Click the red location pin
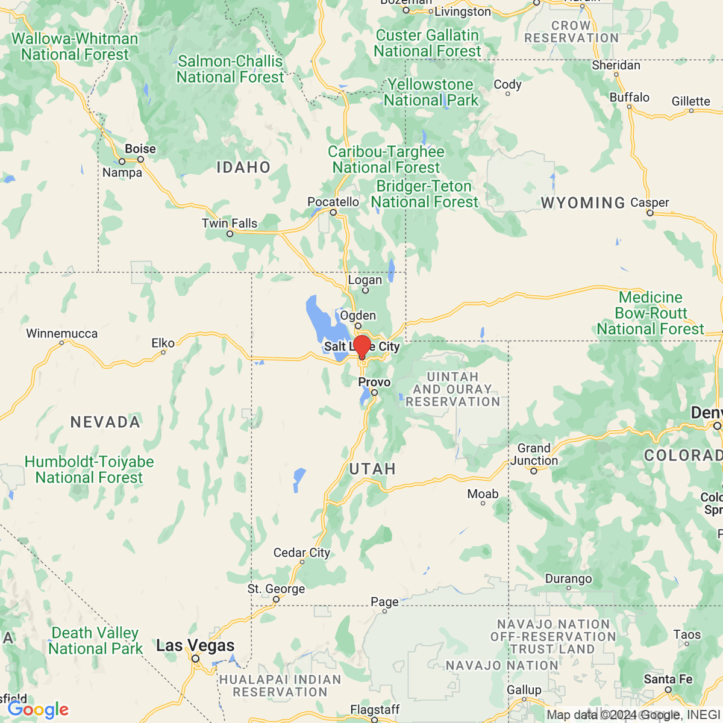tap(361, 348)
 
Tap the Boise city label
tap(140, 149)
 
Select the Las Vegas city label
tap(195, 646)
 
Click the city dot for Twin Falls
tap(230, 234)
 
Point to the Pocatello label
tap(333, 202)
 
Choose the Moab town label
tap(483, 494)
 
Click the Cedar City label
tap(301, 552)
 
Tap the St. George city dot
tap(276, 599)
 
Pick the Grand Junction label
tap(534, 454)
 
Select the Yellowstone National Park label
tap(431, 92)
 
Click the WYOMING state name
tap(583, 203)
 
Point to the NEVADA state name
tap(105, 422)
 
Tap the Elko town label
tap(163, 343)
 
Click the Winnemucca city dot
tap(61, 343)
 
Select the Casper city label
tap(649, 202)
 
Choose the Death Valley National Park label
tap(95, 640)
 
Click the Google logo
tap(38, 710)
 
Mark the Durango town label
tap(568, 579)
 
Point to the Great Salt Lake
tap(319, 316)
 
